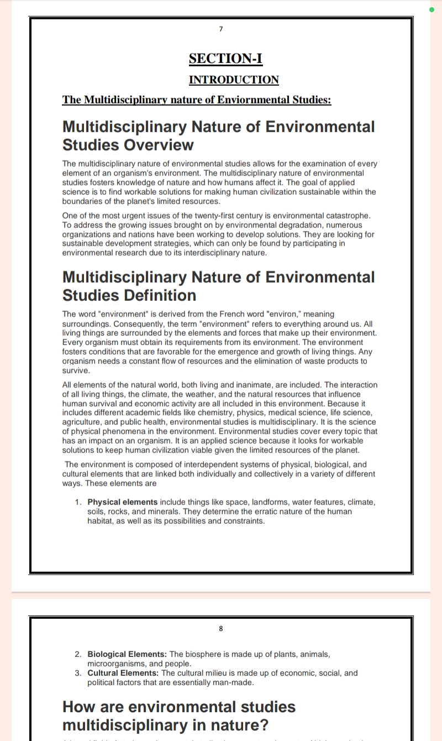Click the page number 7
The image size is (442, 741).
point(221,29)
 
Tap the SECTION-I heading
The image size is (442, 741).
point(225,59)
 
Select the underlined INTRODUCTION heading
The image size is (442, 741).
point(234,80)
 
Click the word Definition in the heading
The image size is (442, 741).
point(160,295)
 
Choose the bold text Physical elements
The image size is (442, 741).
point(123,502)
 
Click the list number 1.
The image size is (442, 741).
point(78,502)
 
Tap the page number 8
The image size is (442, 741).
point(221,628)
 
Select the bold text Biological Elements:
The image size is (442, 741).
point(127,654)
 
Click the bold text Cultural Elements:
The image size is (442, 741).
point(123,673)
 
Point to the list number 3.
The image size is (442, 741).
point(78,673)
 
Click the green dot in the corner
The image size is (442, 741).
point(432,9)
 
